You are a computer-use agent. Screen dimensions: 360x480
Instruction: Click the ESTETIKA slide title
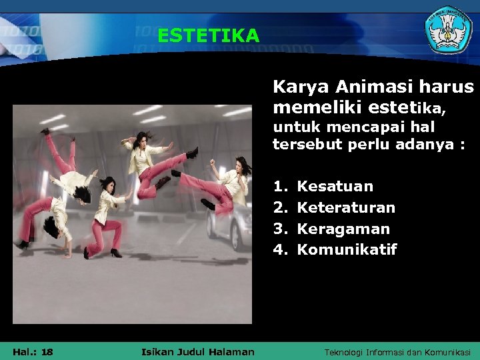pos(208,35)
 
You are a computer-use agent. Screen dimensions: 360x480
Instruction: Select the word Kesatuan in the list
pos(335,187)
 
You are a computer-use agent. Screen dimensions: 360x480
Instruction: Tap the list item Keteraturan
pos(345,208)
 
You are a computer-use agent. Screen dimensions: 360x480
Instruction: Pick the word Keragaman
pos(343,229)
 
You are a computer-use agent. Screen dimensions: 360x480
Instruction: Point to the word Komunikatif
pos(346,250)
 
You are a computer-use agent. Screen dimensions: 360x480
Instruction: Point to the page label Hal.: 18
pos(33,352)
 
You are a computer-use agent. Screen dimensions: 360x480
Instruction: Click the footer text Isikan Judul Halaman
pos(198,352)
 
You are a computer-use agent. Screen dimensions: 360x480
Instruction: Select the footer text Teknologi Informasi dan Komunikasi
pos(397,352)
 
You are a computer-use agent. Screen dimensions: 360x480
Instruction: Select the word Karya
pos(301,87)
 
